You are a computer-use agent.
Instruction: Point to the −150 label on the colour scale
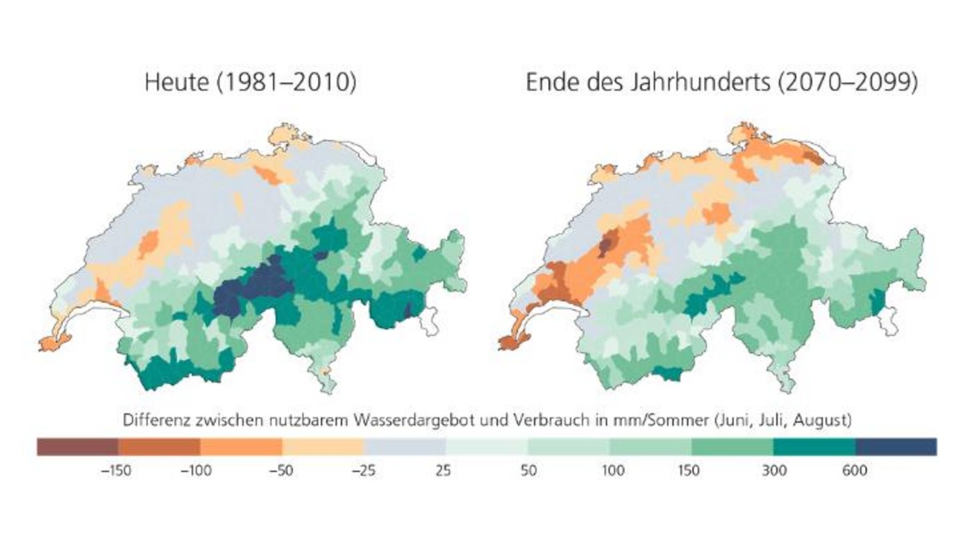[x=116, y=471]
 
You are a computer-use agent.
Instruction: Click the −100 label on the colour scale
[x=198, y=471]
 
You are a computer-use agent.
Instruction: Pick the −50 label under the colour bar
[x=280, y=471]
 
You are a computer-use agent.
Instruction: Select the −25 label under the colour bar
[x=362, y=471]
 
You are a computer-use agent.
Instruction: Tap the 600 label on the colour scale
[x=855, y=471]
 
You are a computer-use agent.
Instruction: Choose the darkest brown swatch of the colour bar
[x=77, y=446]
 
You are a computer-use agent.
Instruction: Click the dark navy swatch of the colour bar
[x=896, y=446]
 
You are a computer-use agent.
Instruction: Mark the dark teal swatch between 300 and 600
[x=814, y=446]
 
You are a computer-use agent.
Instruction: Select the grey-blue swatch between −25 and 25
[x=405, y=446]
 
